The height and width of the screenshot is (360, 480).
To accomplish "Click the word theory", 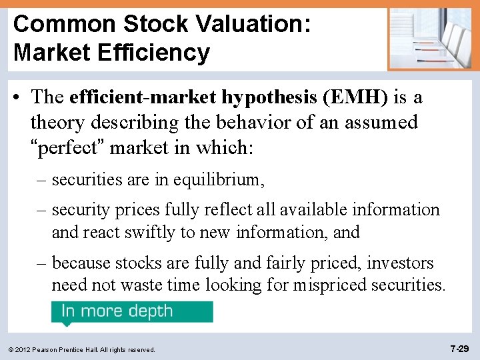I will click(55, 123).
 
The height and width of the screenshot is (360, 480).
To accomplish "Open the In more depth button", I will click(132, 312).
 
